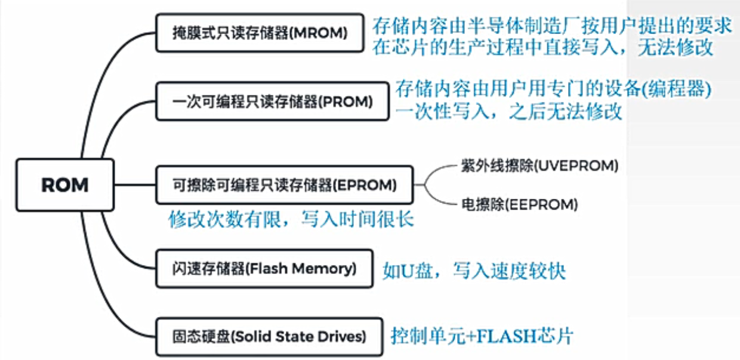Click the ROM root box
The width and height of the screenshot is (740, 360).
(x=65, y=185)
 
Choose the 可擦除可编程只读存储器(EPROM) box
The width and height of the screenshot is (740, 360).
(x=283, y=185)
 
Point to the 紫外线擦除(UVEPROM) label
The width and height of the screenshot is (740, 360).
(x=539, y=165)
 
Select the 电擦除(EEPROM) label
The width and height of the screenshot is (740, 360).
(x=519, y=205)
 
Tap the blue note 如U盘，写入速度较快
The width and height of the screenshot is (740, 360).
(x=474, y=272)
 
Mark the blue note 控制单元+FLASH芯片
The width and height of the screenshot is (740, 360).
(x=482, y=336)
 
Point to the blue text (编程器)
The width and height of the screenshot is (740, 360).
(x=680, y=90)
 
